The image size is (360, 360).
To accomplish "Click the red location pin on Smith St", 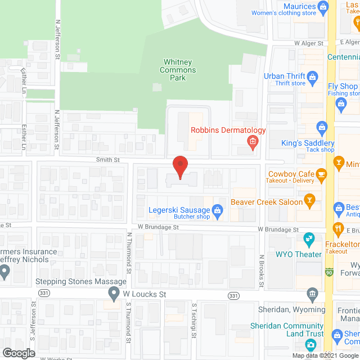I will coord(179,167).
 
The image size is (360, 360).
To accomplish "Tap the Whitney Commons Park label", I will coord(179,70).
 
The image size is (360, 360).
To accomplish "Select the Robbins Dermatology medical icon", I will coord(253,141).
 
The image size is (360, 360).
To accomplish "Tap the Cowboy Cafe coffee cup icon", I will coord(322,175).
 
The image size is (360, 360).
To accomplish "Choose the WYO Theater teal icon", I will coord(309,240).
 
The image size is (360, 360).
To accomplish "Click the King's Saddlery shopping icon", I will coord(322,127).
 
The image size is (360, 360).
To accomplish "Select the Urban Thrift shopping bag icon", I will coord(313,76).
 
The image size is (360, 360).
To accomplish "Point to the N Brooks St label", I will coord(262,272).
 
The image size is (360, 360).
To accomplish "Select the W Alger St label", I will coord(309,43).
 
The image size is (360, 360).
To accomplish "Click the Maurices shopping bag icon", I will coord(322,7).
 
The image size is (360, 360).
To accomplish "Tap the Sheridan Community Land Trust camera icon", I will coord(310,344).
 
